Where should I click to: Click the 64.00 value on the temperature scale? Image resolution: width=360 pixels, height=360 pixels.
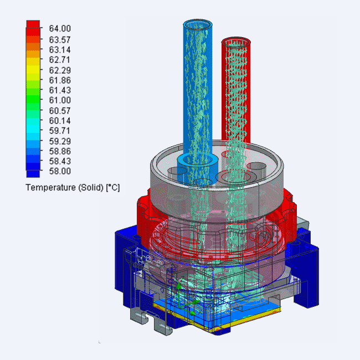click(x=60, y=28)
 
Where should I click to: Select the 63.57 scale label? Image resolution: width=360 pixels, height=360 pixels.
click(x=60, y=40)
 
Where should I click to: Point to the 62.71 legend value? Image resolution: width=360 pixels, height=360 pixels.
click(x=60, y=60)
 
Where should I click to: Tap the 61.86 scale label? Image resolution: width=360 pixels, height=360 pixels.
click(x=60, y=80)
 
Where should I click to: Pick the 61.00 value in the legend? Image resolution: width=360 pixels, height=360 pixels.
click(x=60, y=100)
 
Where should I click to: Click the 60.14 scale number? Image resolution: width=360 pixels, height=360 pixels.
click(x=60, y=121)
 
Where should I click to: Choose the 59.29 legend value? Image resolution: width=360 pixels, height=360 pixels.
click(x=60, y=141)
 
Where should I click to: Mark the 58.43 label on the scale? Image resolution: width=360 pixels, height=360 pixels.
click(x=60, y=161)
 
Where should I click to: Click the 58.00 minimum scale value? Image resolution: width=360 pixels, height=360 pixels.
click(x=60, y=171)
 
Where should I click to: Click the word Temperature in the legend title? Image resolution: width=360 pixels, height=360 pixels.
click(x=51, y=188)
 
